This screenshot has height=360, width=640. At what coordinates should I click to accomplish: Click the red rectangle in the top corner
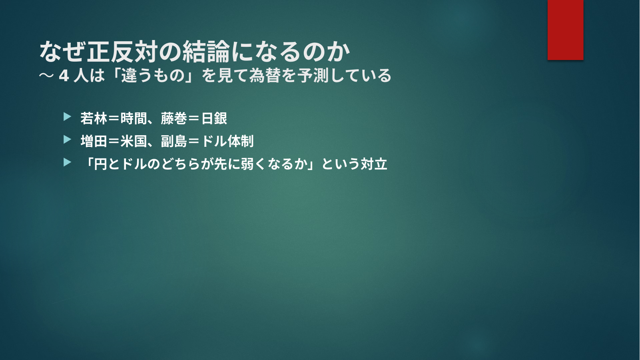coord(565,30)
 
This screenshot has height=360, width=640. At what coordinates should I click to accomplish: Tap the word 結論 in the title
coord(206,52)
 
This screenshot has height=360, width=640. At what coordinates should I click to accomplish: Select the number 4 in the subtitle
coord(64,76)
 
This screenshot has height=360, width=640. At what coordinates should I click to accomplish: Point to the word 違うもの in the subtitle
coord(153,76)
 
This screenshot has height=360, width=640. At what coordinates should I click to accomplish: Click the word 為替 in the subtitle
coord(264,76)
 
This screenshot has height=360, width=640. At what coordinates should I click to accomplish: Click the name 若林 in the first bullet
coord(94,118)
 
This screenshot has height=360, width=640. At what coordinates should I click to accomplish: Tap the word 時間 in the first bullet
coord(134,118)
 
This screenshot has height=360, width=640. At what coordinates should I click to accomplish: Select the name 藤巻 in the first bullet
coord(174,118)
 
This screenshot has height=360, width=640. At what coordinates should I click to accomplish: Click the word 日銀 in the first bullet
coord(214,118)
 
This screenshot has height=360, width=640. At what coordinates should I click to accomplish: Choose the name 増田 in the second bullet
coord(94,141)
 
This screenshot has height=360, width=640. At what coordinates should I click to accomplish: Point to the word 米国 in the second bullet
coord(134,141)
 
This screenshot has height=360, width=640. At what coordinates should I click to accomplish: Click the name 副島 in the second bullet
coord(174,141)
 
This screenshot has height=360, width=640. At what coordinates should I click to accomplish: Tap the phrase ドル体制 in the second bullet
coord(227,141)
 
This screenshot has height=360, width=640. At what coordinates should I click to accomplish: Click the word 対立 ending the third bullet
coord(374,164)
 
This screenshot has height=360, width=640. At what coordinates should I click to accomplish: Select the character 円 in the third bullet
coord(101,164)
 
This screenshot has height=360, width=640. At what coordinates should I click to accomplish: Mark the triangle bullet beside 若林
coord(67,117)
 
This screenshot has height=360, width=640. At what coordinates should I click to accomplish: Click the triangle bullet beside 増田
coord(67,140)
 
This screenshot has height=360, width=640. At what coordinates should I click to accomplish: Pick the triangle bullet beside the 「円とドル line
coord(67,162)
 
